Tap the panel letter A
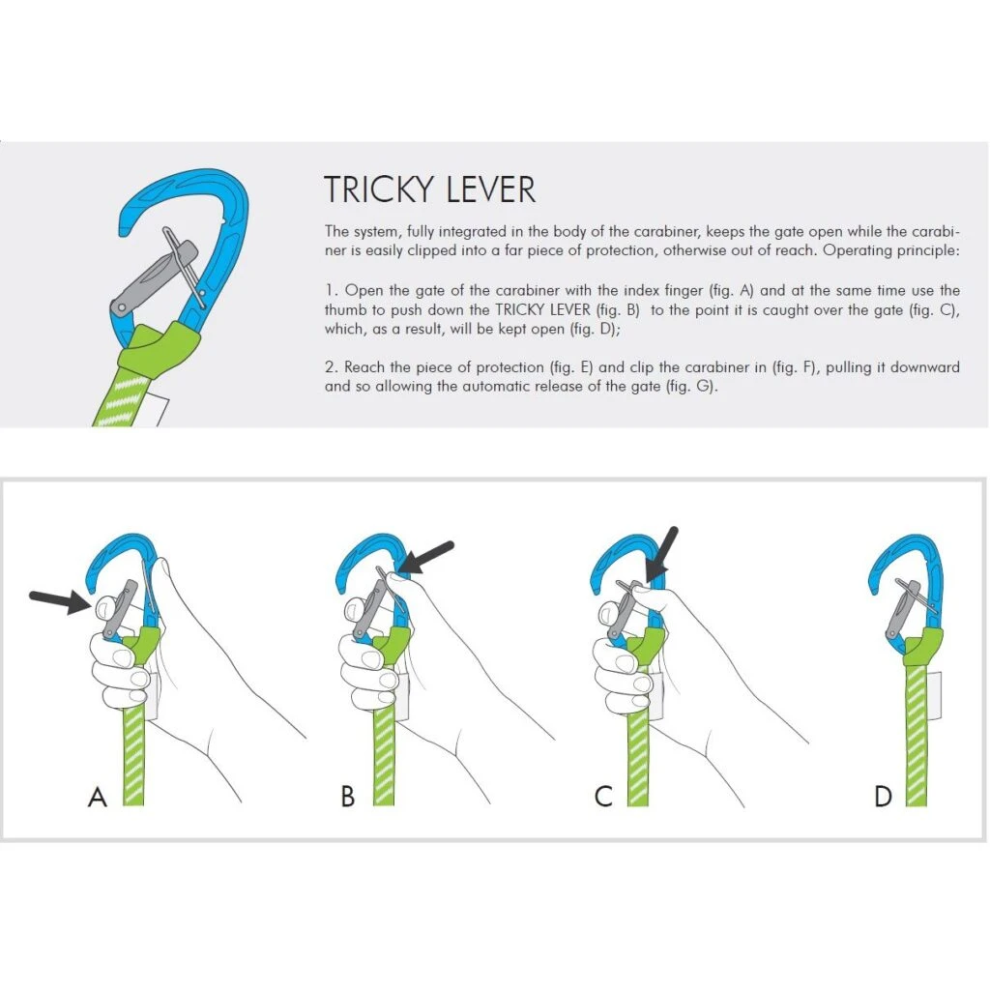click(x=97, y=798)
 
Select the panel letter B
click(x=348, y=798)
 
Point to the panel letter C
click(x=604, y=798)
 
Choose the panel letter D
click(x=883, y=798)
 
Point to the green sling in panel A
click(x=133, y=754)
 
